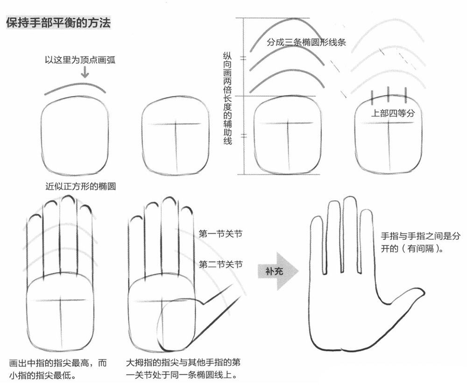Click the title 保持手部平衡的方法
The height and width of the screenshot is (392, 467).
tap(58, 22)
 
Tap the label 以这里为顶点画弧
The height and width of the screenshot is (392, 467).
tap(80, 60)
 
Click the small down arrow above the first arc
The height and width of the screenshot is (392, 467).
tap(85, 72)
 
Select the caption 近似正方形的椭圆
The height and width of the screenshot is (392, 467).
tap(80, 186)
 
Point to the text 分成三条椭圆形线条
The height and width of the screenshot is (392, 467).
tap(306, 42)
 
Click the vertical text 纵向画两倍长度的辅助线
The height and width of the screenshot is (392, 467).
tap(227, 98)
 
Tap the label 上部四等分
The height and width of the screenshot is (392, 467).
tap(393, 113)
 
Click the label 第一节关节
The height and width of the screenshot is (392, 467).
tap(221, 234)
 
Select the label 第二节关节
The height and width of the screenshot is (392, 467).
tap(221, 264)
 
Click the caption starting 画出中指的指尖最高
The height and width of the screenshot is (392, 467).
tap(58, 369)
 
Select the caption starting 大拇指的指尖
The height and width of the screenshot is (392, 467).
tap(183, 369)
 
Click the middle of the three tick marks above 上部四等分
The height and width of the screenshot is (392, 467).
tap(389, 95)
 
